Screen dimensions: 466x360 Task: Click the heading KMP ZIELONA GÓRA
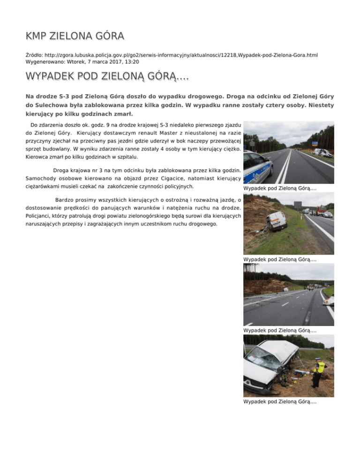pos(75,36)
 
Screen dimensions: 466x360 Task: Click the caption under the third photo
pos(280,331)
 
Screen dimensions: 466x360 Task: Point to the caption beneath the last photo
pos(280,402)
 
